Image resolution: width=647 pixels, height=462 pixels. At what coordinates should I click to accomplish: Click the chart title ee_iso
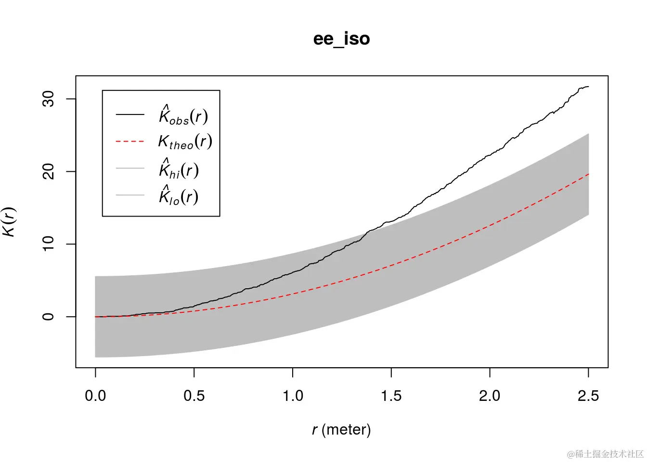[341, 38]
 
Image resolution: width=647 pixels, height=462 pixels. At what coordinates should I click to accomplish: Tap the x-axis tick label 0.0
[95, 396]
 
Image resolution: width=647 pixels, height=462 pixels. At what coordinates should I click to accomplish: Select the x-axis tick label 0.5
[194, 396]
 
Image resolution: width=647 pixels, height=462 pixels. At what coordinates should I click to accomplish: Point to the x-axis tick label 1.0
[293, 396]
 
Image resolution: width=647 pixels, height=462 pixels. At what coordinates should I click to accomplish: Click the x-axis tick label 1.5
[391, 396]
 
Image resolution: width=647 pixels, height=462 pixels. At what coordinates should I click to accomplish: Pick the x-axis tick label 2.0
[490, 396]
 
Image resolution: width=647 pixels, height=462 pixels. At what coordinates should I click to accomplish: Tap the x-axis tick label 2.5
[588, 396]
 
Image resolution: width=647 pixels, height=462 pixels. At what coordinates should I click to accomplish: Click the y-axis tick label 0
[48, 317]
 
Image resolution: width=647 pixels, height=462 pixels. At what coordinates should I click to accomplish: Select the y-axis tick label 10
[48, 244]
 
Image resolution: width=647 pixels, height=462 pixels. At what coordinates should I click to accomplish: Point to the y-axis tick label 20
[48, 171]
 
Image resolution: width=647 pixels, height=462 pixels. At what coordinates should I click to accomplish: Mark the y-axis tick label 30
[48, 99]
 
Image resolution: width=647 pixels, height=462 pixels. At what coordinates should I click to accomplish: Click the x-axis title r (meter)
[341, 429]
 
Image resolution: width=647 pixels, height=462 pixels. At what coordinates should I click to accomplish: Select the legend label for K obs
[183, 116]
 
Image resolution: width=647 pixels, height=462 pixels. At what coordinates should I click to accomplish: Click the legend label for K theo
[185, 142]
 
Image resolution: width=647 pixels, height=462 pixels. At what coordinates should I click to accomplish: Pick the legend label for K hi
[179, 170]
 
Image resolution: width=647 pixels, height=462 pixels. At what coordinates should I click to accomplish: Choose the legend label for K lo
[179, 196]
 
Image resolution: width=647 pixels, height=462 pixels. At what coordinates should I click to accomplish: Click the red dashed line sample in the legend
[130, 141]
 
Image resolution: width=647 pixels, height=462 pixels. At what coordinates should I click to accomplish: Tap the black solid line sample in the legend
[130, 115]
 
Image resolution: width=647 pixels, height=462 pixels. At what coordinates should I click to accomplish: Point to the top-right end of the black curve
[588, 87]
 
